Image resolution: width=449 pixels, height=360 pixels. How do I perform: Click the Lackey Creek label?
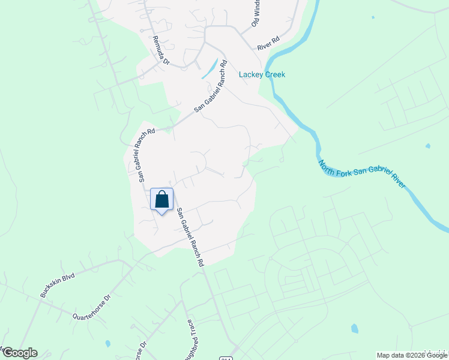tap(262, 74)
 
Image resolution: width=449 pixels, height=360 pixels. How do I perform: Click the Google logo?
tap(19, 353)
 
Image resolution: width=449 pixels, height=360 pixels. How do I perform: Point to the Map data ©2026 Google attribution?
tap(412, 355)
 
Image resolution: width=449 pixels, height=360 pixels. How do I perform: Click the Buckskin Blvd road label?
tap(57, 284)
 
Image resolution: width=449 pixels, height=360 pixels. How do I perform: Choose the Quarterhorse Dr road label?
tap(92, 307)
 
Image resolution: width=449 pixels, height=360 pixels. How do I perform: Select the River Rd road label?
tap(268, 43)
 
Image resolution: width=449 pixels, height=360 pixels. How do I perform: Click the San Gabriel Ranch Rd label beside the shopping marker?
tap(190, 238)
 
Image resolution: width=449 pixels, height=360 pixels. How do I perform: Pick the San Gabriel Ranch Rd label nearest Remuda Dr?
tap(211, 87)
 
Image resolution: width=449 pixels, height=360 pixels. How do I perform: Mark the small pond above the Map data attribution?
tap(354, 328)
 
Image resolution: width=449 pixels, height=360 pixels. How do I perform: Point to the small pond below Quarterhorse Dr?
tap(107, 344)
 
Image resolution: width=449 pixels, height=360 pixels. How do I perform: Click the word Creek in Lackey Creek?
tap(274, 74)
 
